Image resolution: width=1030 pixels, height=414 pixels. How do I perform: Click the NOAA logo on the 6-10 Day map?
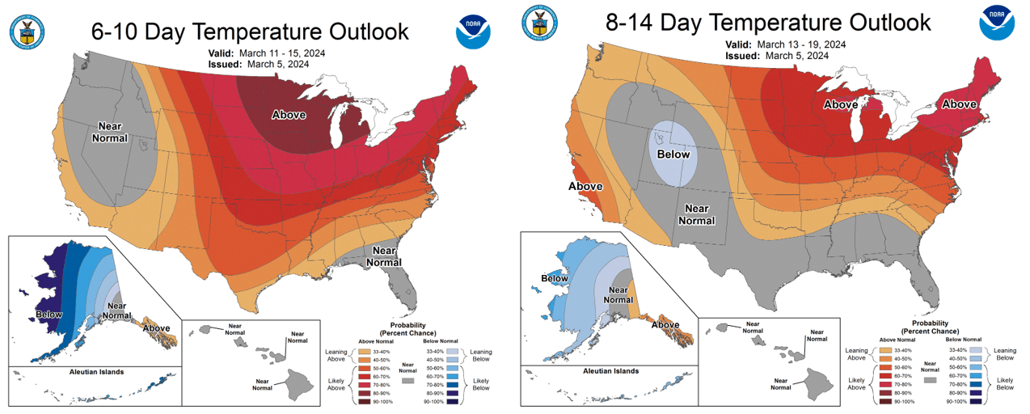pos(471,31)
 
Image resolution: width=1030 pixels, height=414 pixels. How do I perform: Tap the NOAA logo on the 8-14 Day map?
pos(996,24)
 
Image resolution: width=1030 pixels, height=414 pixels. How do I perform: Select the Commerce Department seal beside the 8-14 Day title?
pos(539,24)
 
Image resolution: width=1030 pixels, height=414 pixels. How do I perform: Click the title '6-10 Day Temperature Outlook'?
pos(249,32)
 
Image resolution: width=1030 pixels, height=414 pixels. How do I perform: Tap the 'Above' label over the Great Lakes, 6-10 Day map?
pos(288,115)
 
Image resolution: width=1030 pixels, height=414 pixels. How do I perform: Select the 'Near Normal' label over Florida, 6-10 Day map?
pos(385,256)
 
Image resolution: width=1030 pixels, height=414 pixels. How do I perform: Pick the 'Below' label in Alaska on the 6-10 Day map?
pos(50,313)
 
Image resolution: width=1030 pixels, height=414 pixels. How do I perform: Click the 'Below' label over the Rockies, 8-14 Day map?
pos(673,154)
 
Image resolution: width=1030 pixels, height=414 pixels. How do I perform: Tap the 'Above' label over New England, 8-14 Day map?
pos(960,104)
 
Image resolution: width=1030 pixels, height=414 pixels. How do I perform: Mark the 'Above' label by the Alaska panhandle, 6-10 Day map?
pos(157,328)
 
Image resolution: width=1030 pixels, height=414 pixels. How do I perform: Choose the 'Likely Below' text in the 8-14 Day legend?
pos(1006,384)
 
